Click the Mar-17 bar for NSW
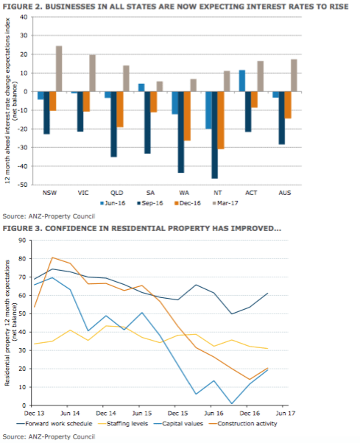click(59, 69)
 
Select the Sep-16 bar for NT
click(215, 135)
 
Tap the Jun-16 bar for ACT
click(242, 81)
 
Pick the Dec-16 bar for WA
click(187, 116)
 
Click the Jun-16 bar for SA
click(141, 88)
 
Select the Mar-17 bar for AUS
click(294, 76)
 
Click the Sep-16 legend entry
click(149, 203)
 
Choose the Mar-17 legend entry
click(225, 203)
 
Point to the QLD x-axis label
click(117, 193)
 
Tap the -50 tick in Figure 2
click(22, 185)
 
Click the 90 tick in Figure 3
click(22, 240)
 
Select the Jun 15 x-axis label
click(142, 414)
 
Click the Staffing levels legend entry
click(123, 424)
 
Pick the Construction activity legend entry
click(243, 424)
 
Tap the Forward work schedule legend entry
click(54, 424)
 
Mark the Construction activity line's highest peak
click(52, 258)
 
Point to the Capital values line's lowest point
click(232, 404)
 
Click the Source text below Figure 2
click(49, 216)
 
